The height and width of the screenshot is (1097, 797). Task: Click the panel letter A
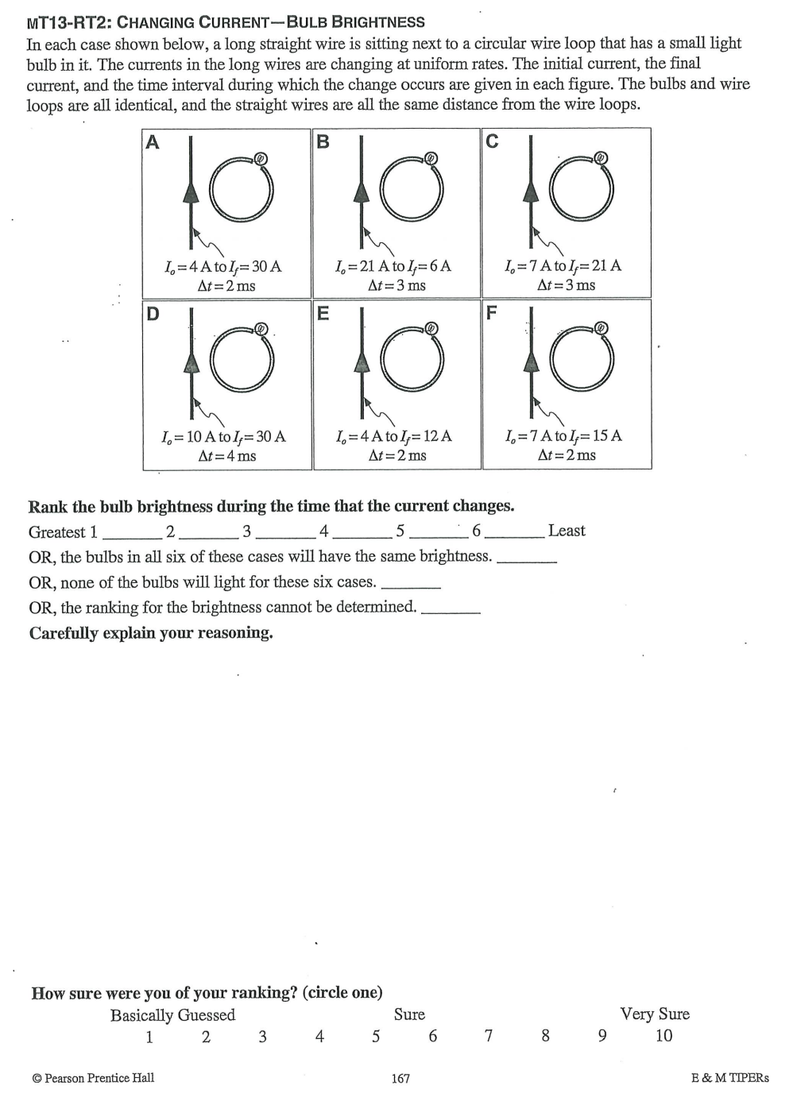click(x=153, y=142)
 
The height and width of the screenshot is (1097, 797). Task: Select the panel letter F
click(x=491, y=312)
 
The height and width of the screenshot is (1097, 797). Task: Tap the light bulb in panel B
click(x=430, y=158)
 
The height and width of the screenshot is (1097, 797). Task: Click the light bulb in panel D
click(x=261, y=329)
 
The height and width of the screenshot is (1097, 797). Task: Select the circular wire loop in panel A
click(x=241, y=191)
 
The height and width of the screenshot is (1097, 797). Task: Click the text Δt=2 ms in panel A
click(x=226, y=286)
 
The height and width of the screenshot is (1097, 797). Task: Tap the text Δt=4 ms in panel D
click(x=226, y=456)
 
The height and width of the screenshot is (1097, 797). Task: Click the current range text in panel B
click(x=393, y=266)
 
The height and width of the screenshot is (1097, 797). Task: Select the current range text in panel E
click(x=394, y=436)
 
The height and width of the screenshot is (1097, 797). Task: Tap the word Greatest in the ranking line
click(x=56, y=532)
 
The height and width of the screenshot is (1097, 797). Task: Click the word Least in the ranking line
click(x=567, y=531)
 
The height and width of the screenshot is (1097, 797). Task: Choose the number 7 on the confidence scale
click(x=489, y=1036)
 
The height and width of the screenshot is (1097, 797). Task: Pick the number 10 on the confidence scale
click(x=664, y=1036)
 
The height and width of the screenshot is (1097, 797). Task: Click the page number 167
click(x=400, y=1078)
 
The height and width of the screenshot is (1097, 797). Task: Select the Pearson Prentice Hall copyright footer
click(x=93, y=1078)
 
